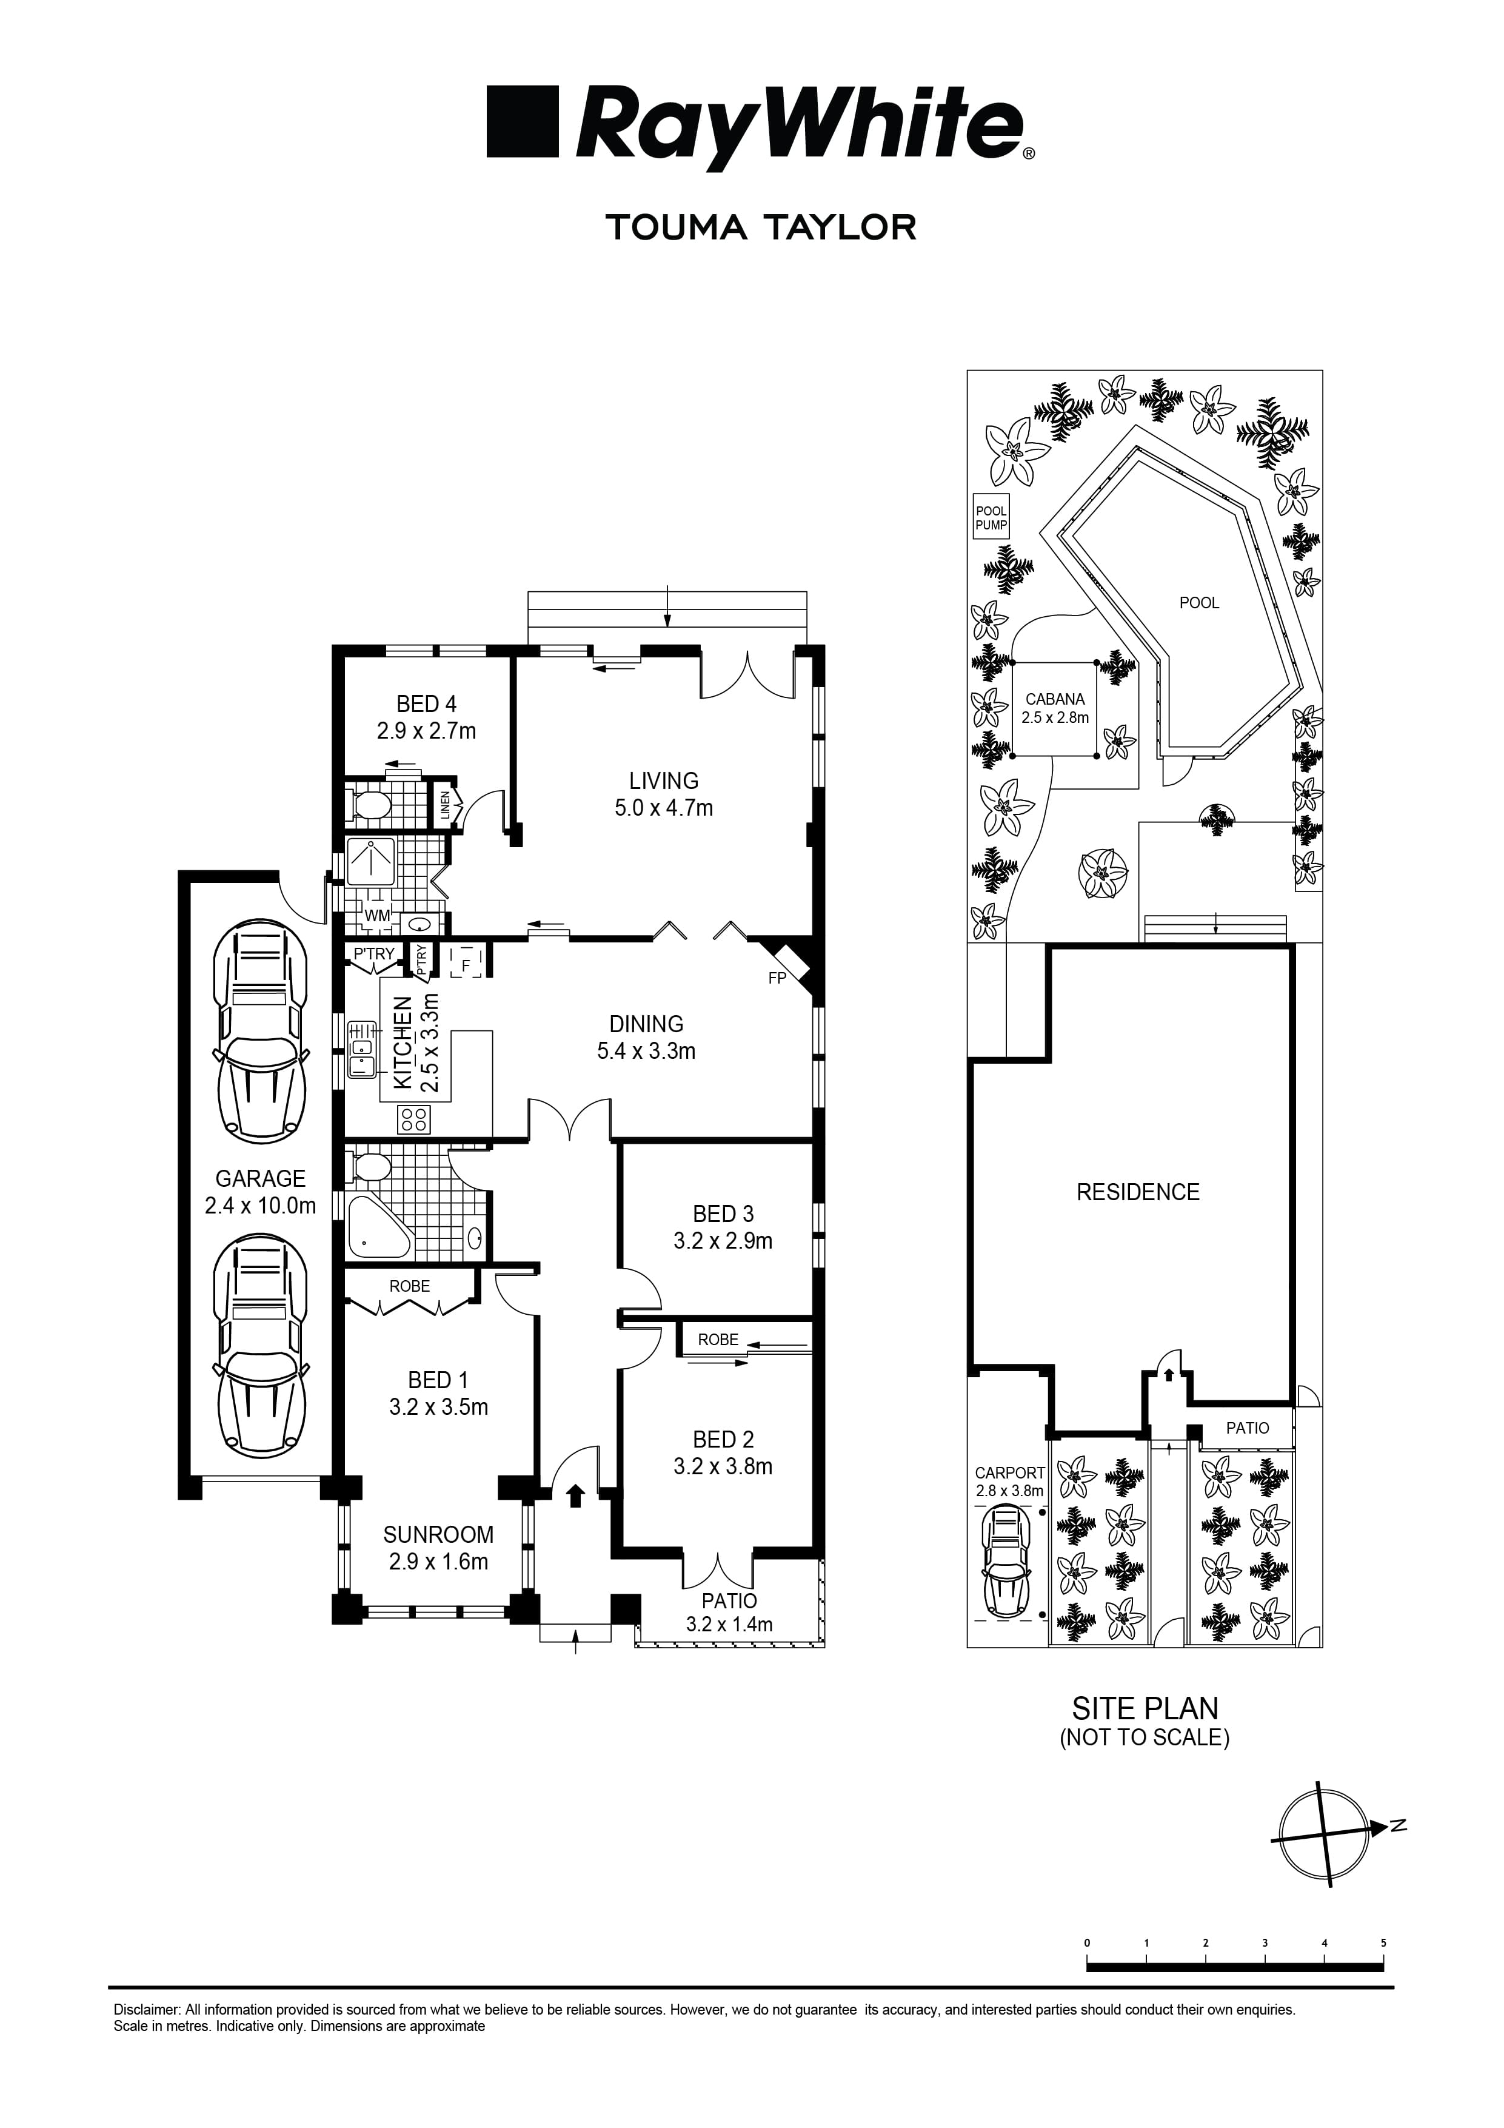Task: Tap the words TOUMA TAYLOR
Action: [x=761, y=227]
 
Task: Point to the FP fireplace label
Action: [x=777, y=978]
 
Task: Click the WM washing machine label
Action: [x=377, y=916]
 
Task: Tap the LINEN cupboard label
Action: [x=446, y=807]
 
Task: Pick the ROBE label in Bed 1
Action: [x=410, y=1286]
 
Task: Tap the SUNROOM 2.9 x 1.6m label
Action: [x=438, y=1548]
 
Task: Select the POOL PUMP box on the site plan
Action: [x=991, y=517]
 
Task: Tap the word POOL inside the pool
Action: [x=1198, y=602]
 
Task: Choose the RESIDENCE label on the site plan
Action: [x=1137, y=1192]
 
